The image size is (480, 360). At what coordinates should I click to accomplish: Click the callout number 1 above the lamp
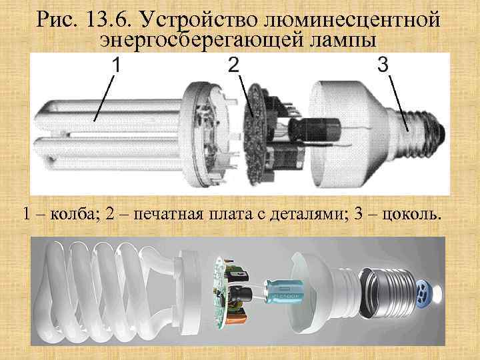[x=116, y=65]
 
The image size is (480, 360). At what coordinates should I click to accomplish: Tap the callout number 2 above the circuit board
[x=233, y=65]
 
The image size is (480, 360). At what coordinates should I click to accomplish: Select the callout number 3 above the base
[x=383, y=64]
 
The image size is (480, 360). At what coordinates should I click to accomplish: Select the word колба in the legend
[x=74, y=214]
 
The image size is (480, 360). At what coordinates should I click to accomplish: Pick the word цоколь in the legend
[x=412, y=214]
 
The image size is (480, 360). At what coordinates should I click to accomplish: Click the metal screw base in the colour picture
[x=388, y=293]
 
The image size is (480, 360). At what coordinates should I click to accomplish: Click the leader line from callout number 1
[x=104, y=99]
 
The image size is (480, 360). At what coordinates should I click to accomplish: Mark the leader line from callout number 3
[x=398, y=103]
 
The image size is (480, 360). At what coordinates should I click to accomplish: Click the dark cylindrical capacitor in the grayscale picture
[x=315, y=129]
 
